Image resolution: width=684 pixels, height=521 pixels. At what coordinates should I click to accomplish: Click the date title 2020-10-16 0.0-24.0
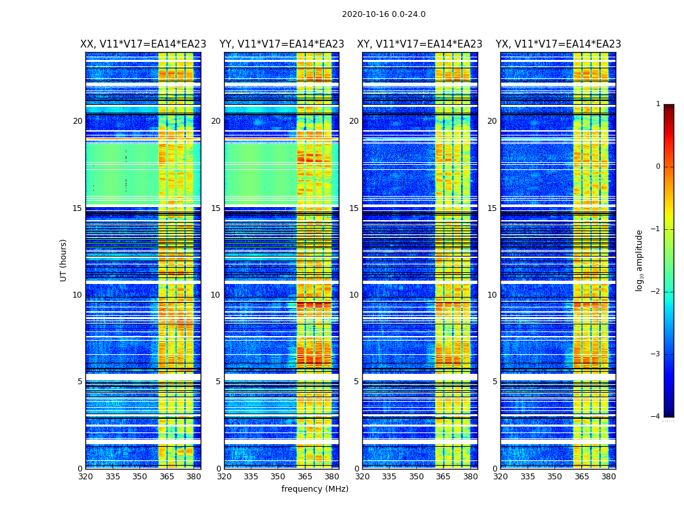point(384,14)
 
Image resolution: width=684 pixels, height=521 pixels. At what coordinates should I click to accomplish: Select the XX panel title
point(143,44)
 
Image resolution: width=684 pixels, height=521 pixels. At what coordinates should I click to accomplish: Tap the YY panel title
point(281,44)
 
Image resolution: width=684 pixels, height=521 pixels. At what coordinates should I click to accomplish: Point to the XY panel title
point(420,44)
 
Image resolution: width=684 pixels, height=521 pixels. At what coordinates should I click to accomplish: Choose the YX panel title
point(558,44)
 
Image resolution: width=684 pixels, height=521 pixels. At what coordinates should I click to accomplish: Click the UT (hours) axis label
point(64,260)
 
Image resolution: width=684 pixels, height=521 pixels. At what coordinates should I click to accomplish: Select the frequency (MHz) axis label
point(315,489)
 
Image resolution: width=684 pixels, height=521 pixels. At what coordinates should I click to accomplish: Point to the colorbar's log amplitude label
point(640,260)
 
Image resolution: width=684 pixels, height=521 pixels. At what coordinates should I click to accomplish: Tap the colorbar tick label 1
point(658,104)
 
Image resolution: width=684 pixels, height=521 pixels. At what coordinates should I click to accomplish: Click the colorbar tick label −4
point(655,417)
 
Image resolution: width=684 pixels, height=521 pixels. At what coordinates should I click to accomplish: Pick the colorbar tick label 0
point(658,167)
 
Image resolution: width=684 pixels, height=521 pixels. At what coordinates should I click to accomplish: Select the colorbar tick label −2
point(655,292)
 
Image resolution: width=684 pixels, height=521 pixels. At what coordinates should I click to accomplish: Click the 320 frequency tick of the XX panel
point(85,477)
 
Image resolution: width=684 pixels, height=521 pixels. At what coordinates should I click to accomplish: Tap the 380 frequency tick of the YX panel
point(608,477)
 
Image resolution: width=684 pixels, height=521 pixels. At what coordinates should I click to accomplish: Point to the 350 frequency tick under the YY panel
point(278,477)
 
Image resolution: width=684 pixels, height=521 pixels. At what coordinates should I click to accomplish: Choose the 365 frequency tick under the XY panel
point(443,477)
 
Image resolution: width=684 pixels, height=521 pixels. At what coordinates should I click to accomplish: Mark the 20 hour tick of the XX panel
point(78,121)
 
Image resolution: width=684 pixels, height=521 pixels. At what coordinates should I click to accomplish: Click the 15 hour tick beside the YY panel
point(216,208)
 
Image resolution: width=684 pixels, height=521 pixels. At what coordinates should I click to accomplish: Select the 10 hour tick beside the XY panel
point(354,295)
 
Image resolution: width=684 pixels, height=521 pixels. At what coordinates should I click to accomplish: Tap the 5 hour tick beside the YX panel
point(494,382)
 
